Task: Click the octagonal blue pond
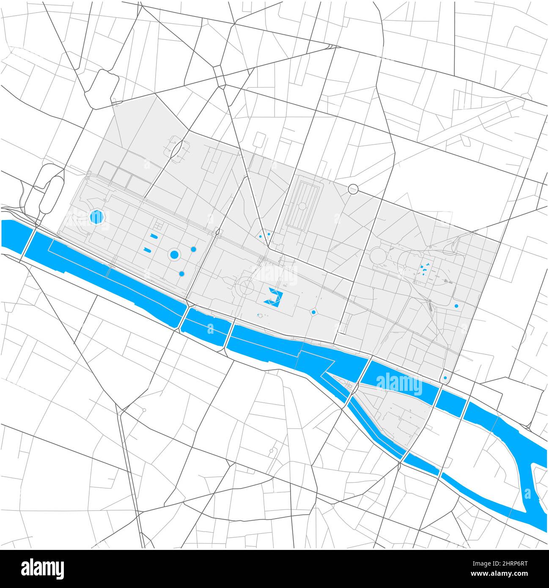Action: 97,217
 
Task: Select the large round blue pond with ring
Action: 174,254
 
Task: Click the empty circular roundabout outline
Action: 353,189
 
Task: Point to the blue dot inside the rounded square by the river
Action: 445,378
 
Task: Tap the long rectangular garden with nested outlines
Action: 303,206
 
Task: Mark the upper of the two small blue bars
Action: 154,236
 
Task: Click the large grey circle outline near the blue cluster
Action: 379,256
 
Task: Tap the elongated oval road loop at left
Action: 50,195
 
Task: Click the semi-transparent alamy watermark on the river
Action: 399,385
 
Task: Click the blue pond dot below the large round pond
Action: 181,274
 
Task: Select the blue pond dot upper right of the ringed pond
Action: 193,249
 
